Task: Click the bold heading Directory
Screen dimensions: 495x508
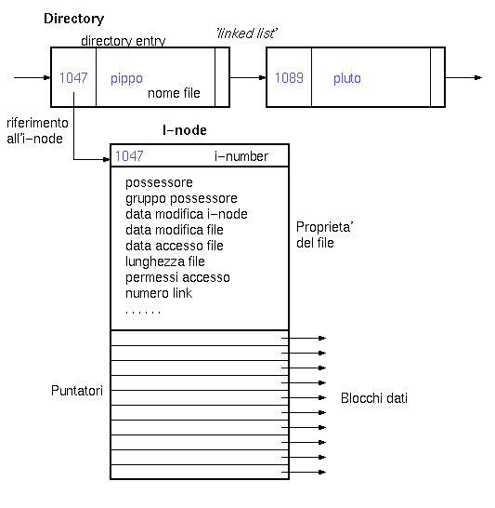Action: click(73, 19)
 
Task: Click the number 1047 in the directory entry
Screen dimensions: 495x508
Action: click(73, 78)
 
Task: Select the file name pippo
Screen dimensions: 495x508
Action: click(126, 79)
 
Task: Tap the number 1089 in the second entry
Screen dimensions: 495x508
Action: click(289, 78)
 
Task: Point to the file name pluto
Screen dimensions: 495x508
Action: click(347, 79)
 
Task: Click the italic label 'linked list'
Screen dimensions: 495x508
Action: click(247, 33)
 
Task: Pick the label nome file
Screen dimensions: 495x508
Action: click(174, 93)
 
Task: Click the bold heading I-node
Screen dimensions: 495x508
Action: click(185, 130)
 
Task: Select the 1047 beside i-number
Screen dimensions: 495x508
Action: click(129, 156)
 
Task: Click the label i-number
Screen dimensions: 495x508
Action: click(241, 156)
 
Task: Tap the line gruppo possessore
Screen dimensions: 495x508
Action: click(181, 198)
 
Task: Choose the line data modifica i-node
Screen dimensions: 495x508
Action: click(187, 214)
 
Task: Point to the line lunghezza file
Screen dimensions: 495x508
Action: click(165, 261)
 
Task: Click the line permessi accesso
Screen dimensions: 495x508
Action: click(177, 277)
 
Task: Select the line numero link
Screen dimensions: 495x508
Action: click(159, 293)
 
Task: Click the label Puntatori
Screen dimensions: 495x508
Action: click(77, 391)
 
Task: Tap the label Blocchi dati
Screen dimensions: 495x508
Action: click(374, 398)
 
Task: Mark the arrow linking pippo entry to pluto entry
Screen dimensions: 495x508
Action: click(248, 78)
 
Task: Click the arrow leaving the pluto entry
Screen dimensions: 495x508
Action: click(463, 78)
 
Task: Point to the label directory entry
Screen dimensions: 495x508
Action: click(124, 41)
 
